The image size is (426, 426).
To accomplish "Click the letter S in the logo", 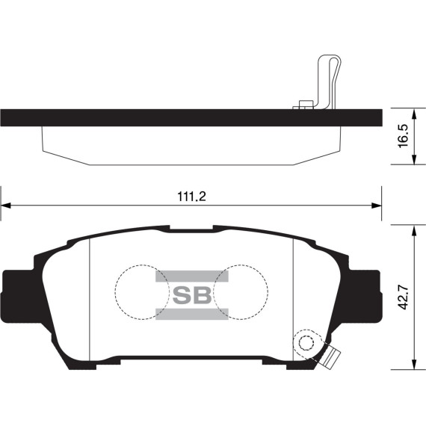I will tap(182, 294).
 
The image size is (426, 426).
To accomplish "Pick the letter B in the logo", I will tap(202, 294).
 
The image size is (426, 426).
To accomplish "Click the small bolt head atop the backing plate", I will tap(303, 105).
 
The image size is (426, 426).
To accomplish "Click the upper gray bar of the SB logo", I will tap(191, 276).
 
